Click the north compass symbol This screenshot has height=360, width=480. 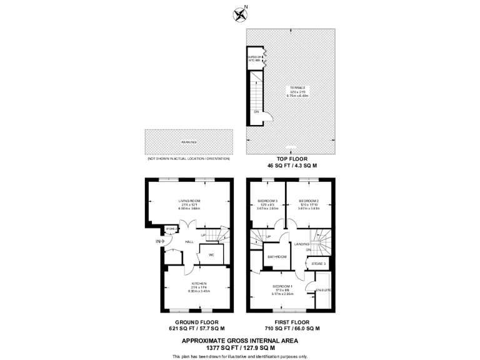[x=239, y=14]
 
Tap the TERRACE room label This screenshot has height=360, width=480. [x=297, y=87]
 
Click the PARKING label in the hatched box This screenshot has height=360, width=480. [x=189, y=142]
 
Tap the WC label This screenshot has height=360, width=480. [x=211, y=255]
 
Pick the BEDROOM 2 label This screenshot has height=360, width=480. [x=309, y=201]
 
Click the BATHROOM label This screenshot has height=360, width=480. [x=277, y=257]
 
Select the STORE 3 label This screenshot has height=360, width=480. [x=318, y=264]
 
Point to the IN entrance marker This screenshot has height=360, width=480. [x=158, y=241]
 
